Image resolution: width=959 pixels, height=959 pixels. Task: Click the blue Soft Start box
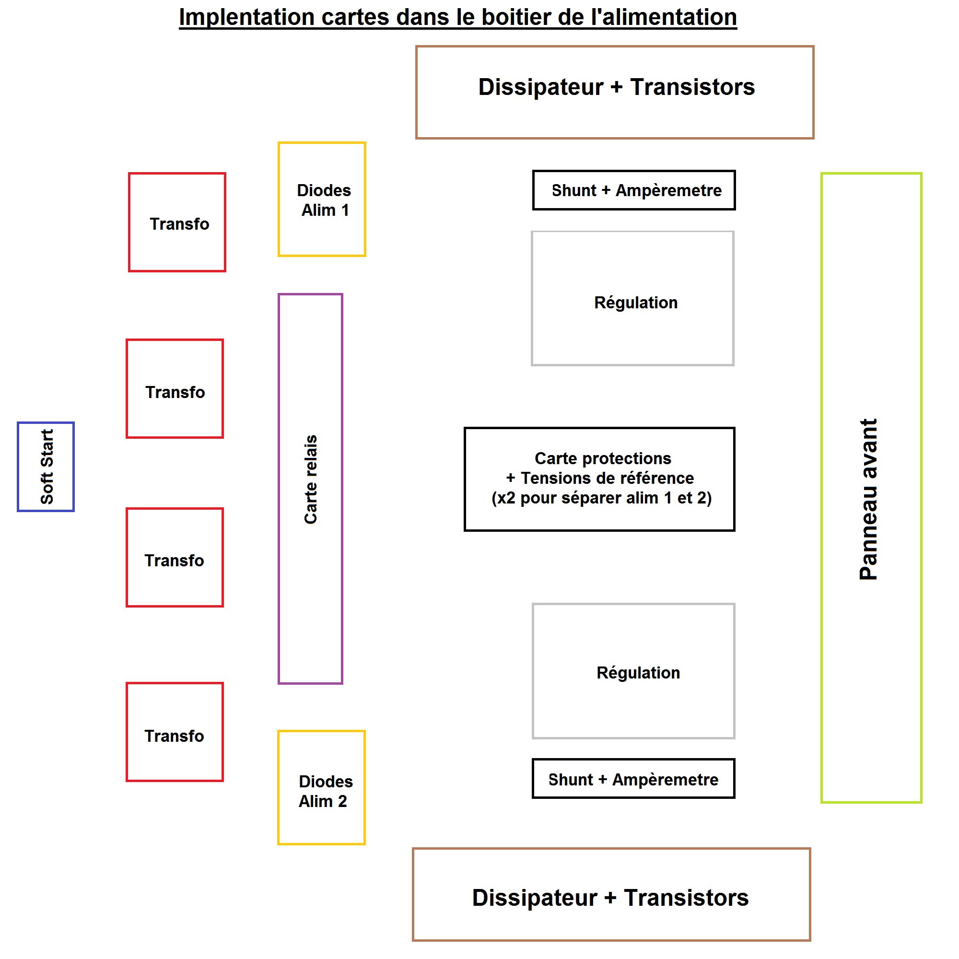[x=46, y=467]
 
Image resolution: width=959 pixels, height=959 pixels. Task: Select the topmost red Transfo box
[x=177, y=222]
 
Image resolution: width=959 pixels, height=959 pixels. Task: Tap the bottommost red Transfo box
[x=175, y=732]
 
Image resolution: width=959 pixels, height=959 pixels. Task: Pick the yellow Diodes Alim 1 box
[x=322, y=199]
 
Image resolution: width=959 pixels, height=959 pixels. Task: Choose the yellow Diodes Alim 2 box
[x=322, y=787]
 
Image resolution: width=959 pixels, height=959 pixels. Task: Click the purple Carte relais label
[x=311, y=479]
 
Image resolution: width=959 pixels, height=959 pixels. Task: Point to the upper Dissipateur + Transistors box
[x=615, y=93]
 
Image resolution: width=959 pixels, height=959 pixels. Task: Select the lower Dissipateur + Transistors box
[x=611, y=894]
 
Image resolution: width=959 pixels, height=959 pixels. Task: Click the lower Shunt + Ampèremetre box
[x=633, y=780]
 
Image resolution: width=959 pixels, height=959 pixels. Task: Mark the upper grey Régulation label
[x=636, y=303]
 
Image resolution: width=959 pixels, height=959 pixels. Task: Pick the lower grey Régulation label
[x=638, y=673]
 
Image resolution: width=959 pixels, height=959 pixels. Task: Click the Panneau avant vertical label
[x=869, y=499]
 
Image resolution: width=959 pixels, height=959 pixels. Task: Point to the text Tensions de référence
[x=607, y=478]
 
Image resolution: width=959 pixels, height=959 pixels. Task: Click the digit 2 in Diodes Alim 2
[x=342, y=801]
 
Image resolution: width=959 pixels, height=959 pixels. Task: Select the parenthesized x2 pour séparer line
[x=602, y=498]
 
